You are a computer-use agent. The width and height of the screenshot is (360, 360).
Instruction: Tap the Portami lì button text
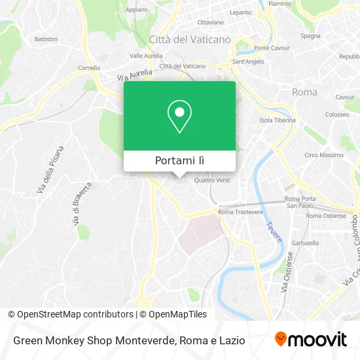click(x=179, y=160)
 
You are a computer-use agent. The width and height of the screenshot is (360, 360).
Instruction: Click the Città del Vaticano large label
click(x=190, y=39)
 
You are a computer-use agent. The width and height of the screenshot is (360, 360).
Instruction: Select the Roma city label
click(x=304, y=92)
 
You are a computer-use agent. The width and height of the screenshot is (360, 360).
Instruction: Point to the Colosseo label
click(x=337, y=115)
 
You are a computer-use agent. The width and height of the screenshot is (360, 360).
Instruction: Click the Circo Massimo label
click(x=323, y=155)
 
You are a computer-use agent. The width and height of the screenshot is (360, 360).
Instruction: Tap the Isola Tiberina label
click(x=278, y=120)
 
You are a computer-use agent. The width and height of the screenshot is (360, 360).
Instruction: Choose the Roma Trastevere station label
click(x=240, y=212)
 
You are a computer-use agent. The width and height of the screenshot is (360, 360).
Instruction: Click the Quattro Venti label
click(x=212, y=181)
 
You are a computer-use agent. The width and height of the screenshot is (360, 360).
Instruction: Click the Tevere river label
click(x=273, y=233)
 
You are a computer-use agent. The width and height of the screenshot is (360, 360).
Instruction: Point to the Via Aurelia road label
click(x=135, y=73)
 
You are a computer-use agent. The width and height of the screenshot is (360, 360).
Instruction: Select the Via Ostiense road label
click(x=285, y=272)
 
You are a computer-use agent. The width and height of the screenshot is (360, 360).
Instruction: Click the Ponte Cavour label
click(x=271, y=48)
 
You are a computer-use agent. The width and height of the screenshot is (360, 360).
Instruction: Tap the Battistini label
click(x=46, y=39)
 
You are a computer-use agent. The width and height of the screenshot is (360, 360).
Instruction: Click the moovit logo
click(x=310, y=340)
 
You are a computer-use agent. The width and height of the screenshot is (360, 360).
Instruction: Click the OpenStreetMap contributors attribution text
click(x=70, y=314)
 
